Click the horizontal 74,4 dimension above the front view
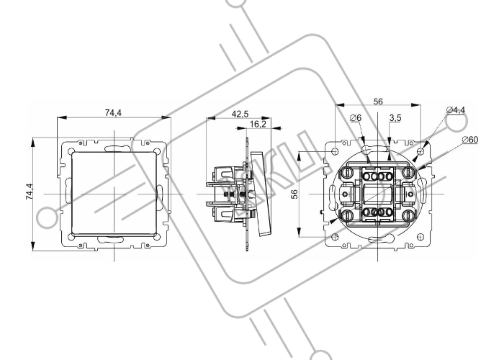(x=114, y=113)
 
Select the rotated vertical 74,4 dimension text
(x=30, y=192)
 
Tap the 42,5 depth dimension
(x=240, y=114)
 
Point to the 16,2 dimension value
(x=258, y=124)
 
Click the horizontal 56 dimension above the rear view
(x=378, y=102)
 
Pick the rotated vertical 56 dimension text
(x=294, y=194)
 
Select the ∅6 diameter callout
(x=356, y=118)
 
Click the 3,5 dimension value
(x=395, y=118)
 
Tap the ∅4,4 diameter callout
(x=456, y=110)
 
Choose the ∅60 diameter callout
(x=470, y=140)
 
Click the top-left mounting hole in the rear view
(x=335, y=151)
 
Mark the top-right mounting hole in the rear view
(x=420, y=151)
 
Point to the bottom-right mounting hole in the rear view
(x=420, y=237)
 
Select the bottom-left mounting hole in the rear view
(x=335, y=237)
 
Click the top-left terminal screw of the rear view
(x=347, y=173)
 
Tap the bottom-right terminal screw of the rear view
(x=408, y=216)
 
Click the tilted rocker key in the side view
(x=261, y=194)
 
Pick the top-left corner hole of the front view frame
(x=72, y=151)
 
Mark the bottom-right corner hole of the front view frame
(x=157, y=237)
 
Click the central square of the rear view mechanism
(x=378, y=194)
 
